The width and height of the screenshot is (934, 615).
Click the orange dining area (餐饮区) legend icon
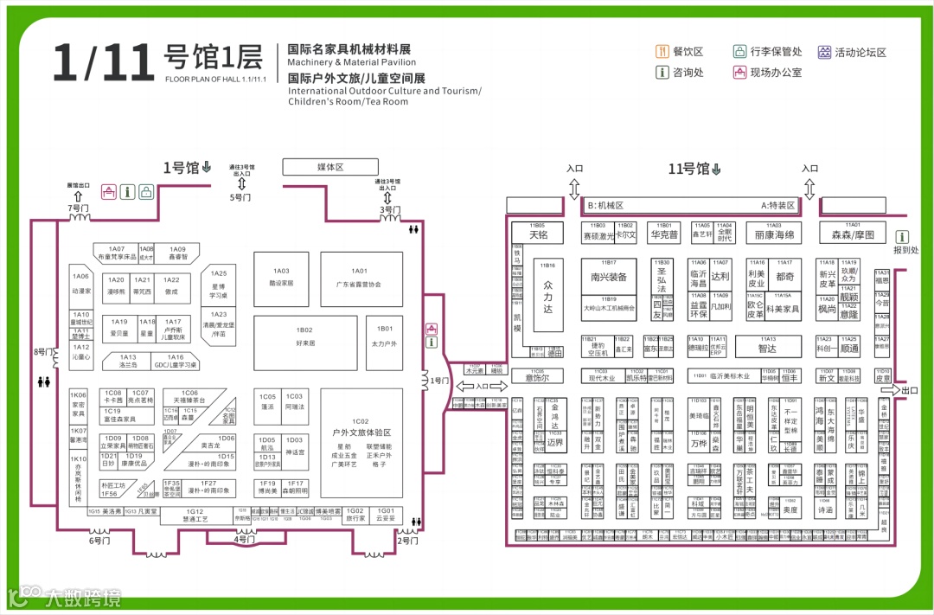click(x=662, y=52)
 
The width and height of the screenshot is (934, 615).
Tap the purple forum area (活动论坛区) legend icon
click(x=825, y=52)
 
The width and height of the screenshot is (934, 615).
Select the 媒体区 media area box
click(x=330, y=167)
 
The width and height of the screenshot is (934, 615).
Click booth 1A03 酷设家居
click(x=281, y=277)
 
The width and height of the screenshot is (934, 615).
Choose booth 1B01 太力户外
click(x=384, y=336)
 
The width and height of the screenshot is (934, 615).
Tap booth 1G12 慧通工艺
click(x=195, y=516)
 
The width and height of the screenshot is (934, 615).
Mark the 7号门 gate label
click(x=79, y=208)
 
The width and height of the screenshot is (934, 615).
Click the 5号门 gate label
click(x=240, y=198)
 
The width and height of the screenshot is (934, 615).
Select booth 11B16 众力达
click(x=547, y=294)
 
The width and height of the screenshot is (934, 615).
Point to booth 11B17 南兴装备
click(x=609, y=277)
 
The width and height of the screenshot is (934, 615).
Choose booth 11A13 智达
click(x=767, y=347)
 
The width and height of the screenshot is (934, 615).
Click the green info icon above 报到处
click(x=903, y=236)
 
